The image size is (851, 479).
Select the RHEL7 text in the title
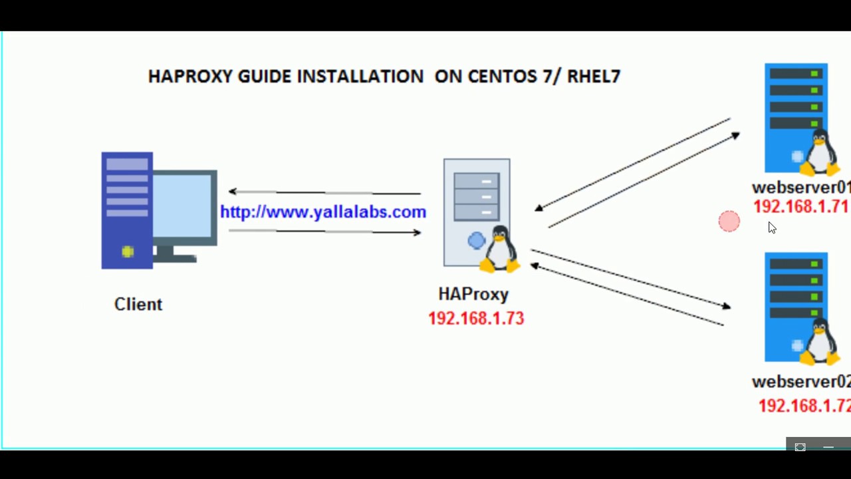point(594,77)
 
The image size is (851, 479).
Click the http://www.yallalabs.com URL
point(322,212)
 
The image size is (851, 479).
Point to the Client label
point(138,304)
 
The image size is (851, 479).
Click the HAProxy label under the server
point(473,294)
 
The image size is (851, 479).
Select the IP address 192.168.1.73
point(476,319)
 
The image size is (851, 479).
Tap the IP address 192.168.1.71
point(800,207)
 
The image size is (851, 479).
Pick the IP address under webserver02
point(804,405)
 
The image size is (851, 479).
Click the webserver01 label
point(800,188)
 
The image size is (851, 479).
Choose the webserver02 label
point(800,382)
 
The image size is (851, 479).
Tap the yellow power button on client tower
point(128,251)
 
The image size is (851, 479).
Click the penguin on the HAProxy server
point(500,249)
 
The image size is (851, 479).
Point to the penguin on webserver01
point(820,152)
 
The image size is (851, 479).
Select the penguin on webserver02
point(820,342)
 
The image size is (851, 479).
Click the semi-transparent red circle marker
point(729,222)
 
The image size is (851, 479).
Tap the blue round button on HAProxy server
point(476,240)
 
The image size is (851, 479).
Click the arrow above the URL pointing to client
point(324,193)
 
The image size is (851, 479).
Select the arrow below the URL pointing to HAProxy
point(324,232)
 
